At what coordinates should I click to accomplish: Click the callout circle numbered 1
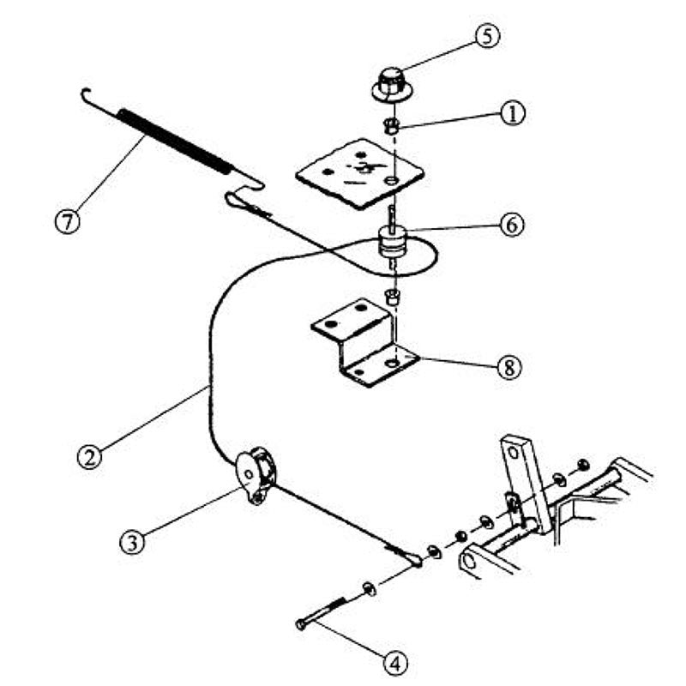click(513, 113)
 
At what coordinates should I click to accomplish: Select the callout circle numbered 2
click(88, 454)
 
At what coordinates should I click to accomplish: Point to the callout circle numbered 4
click(395, 661)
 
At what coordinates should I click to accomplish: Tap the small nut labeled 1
click(389, 127)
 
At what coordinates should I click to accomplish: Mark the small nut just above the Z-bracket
click(392, 297)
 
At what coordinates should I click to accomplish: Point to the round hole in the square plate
click(391, 182)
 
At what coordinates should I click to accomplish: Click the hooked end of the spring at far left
click(84, 93)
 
